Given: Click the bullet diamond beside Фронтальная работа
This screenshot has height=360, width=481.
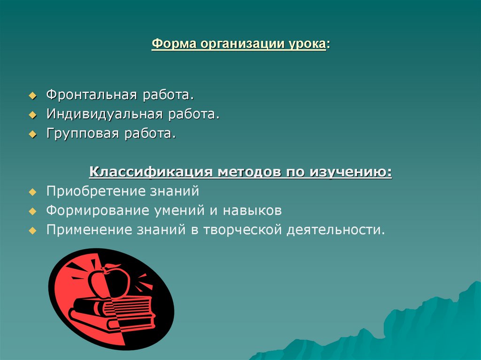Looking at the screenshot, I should (x=32, y=95).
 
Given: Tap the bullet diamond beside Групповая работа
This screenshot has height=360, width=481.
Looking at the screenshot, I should (x=32, y=135).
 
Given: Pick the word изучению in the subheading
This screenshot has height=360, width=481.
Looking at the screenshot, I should (x=349, y=172).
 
